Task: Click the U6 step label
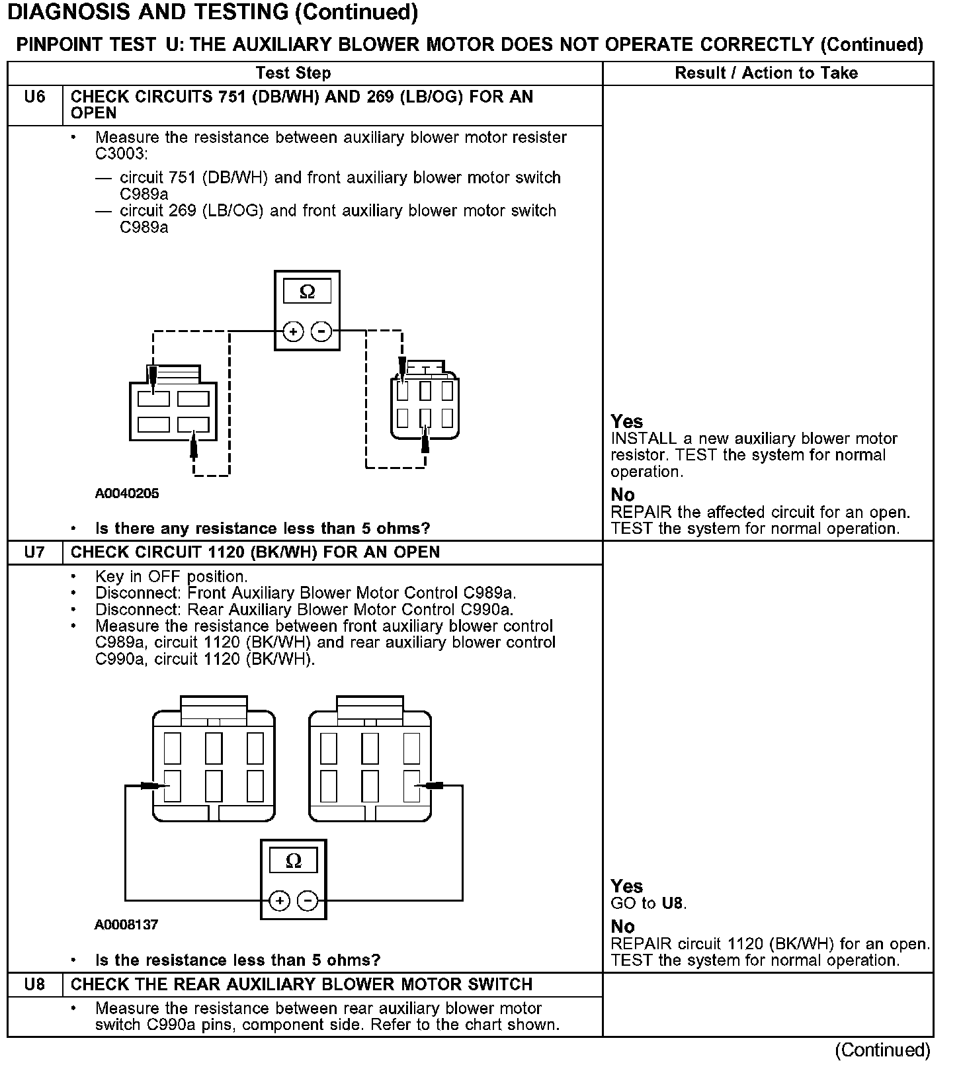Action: (x=34, y=97)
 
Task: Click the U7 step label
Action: (x=34, y=552)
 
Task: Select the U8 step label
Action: (x=34, y=984)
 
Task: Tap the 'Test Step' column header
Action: (x=293, y=73)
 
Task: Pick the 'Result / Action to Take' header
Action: (x=766, y=73)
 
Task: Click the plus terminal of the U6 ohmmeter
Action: (x=293, y=331)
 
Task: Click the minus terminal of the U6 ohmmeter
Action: (x=321, y=331)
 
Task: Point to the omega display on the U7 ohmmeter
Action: (x=293, y=861)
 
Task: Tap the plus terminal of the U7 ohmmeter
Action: (x=279, y=900)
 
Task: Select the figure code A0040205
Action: (x=127, y=493)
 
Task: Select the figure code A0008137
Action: (x=126, y=924)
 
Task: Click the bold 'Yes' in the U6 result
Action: (x=626, y=421)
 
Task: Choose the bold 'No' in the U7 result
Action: (x=622, y=926)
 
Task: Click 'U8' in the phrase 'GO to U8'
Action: (x=673, y=904)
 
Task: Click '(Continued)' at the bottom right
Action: (x=882, y=1050)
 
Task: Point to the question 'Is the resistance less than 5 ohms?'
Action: (x=238, y=960)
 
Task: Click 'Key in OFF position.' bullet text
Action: (x=171, y=577)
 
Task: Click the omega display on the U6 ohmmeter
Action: (x=307, y=291)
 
